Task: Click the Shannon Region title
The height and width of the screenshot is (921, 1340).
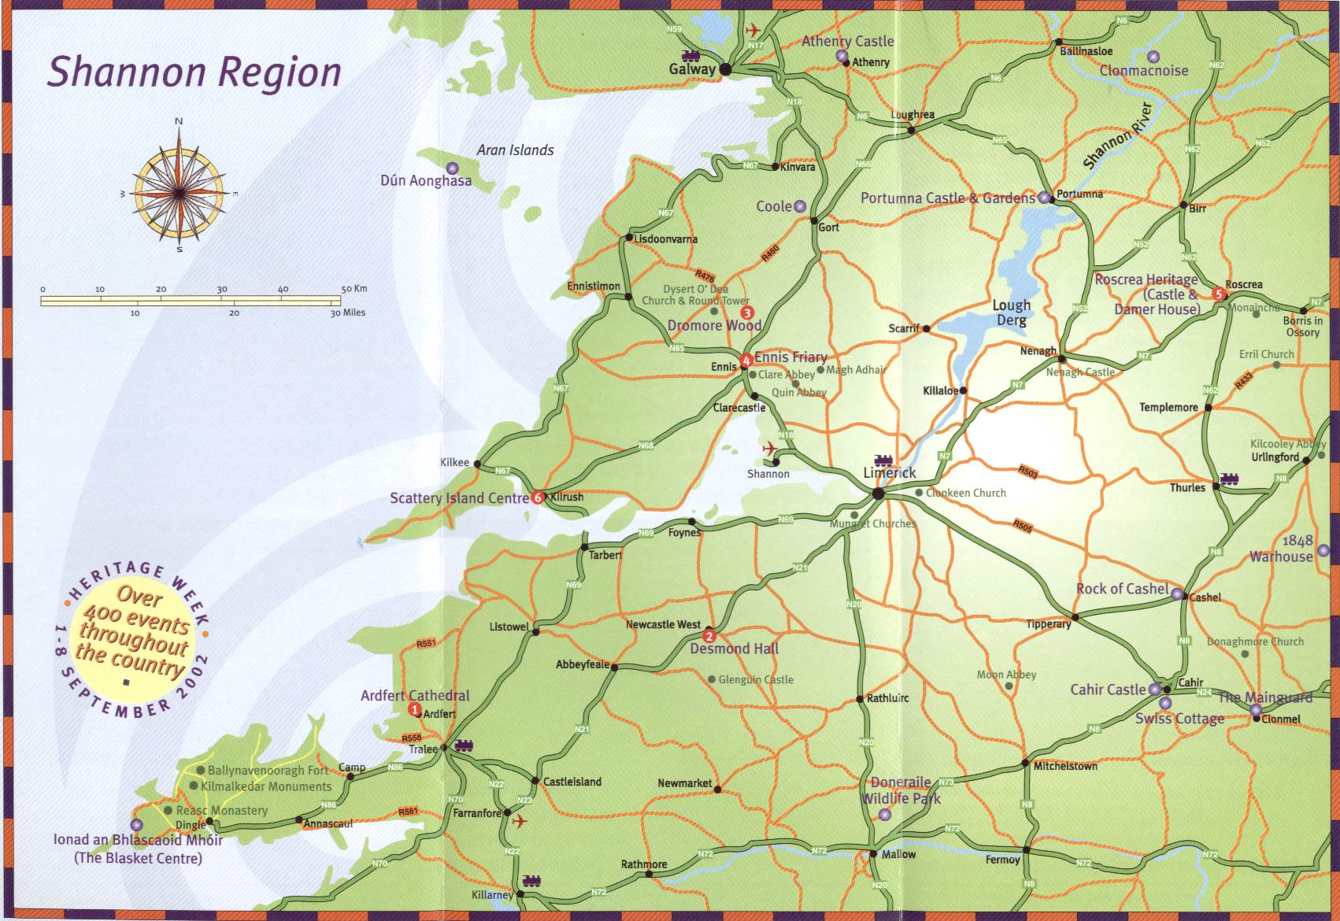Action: pos(194,72)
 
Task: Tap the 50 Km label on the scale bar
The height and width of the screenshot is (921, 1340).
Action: pos(354,289)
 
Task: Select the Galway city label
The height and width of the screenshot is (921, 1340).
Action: pos(692,69)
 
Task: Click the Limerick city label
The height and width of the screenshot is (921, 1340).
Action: pos(890,473)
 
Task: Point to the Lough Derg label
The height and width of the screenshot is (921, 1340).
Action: pos(1012,312)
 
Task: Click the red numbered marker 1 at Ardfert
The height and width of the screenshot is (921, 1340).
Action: pos(415,710)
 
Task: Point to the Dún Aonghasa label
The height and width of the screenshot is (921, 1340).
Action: pos(426,181)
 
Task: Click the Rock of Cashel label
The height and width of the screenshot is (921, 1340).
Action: pos(1122,589)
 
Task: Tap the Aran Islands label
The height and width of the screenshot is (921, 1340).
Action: pos(515,150)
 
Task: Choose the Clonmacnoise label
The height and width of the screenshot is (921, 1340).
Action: pos(1144,71)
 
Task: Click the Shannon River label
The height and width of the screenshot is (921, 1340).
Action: pos(1118,135)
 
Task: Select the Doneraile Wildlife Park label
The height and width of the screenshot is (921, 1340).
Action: pos(901,790)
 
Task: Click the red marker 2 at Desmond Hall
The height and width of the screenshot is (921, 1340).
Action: pos(709,636)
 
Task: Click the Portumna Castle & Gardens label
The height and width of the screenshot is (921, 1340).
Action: pos(947,198)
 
